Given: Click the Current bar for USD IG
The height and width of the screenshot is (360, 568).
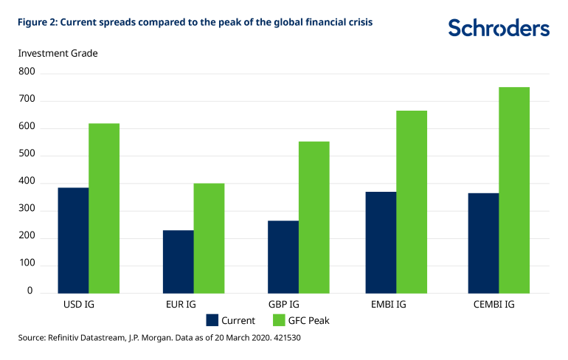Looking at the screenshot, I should [73, 240].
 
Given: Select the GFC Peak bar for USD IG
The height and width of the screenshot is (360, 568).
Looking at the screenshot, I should [104, 208].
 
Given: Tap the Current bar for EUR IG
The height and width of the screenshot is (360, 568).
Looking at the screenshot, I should [178, 261].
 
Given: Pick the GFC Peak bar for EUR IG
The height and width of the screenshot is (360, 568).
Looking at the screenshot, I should [209, 238].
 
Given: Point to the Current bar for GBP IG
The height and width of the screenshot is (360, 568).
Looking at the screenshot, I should [283, 256].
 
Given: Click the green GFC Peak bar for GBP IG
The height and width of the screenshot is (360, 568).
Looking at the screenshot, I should [314, 217].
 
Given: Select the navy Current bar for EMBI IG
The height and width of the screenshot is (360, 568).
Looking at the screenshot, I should [381, 242].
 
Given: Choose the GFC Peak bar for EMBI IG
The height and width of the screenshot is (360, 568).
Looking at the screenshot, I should [412, 201].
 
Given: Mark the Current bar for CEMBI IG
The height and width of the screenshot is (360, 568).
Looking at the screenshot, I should [483, 243].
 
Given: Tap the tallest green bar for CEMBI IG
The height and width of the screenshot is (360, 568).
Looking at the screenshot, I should [514, 190].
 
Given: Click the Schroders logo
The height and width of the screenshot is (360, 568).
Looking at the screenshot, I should [499, 28].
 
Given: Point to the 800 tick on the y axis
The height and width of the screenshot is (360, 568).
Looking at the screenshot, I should [26, 72].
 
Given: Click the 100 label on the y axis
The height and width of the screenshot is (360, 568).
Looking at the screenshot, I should [26, 264].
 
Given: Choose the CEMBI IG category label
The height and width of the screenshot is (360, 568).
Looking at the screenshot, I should [499, 303].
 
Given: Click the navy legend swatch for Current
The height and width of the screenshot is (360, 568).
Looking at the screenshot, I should [212, 320].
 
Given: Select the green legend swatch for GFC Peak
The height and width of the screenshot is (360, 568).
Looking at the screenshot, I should [279, 320].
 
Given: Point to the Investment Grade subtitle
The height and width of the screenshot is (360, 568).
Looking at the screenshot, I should [58, 53].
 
